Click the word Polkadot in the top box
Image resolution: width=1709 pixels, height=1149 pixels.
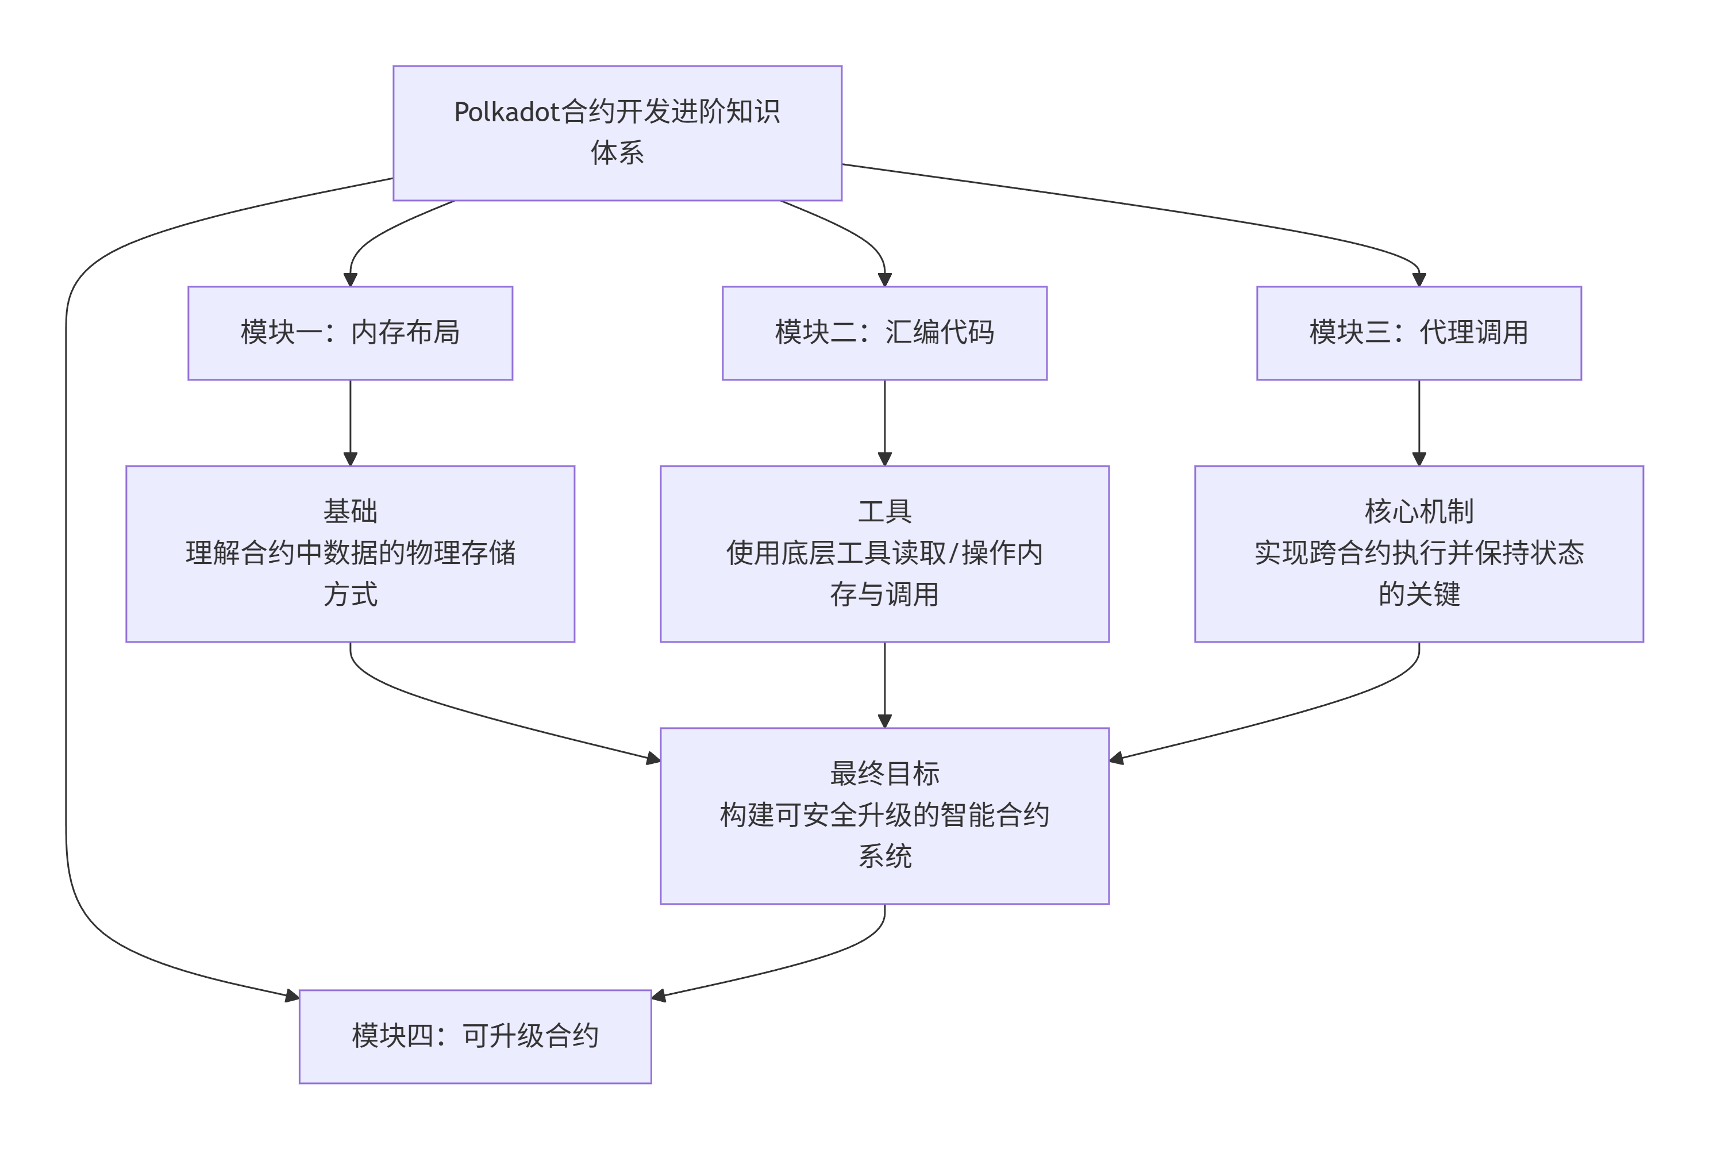(x=507, y=112)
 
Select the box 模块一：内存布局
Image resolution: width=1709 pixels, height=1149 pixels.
(x=350, y=333)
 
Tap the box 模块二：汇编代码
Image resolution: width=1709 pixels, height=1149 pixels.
(x=884, y=333)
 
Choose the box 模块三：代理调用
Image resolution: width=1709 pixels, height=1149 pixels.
(x=1418, y=333)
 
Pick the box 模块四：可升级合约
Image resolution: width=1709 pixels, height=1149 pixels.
(x=475, y=1036)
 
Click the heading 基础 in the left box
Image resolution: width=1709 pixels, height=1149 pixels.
(x=350, y=512)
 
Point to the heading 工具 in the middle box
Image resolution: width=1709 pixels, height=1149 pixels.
(x=884, y=512)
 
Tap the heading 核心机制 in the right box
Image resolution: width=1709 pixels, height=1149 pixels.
(x=1418, y=512)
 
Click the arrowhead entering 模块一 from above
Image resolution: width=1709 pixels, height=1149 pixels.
(x=350, y=279)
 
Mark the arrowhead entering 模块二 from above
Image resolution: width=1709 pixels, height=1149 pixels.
(x=884, y=279)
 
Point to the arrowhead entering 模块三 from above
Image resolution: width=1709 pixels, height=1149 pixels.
(x=1418, y=279)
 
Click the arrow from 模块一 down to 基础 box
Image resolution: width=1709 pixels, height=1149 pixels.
(x=350, y=422)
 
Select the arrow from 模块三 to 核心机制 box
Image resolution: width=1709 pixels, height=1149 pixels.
(x=1418, y=422)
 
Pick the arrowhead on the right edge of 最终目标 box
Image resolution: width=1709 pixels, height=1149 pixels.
(x=1117, y=758)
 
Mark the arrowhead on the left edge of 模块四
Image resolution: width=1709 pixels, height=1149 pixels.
(x=292, y=996)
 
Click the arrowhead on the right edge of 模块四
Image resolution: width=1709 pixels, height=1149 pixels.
(x=659, y=996)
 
